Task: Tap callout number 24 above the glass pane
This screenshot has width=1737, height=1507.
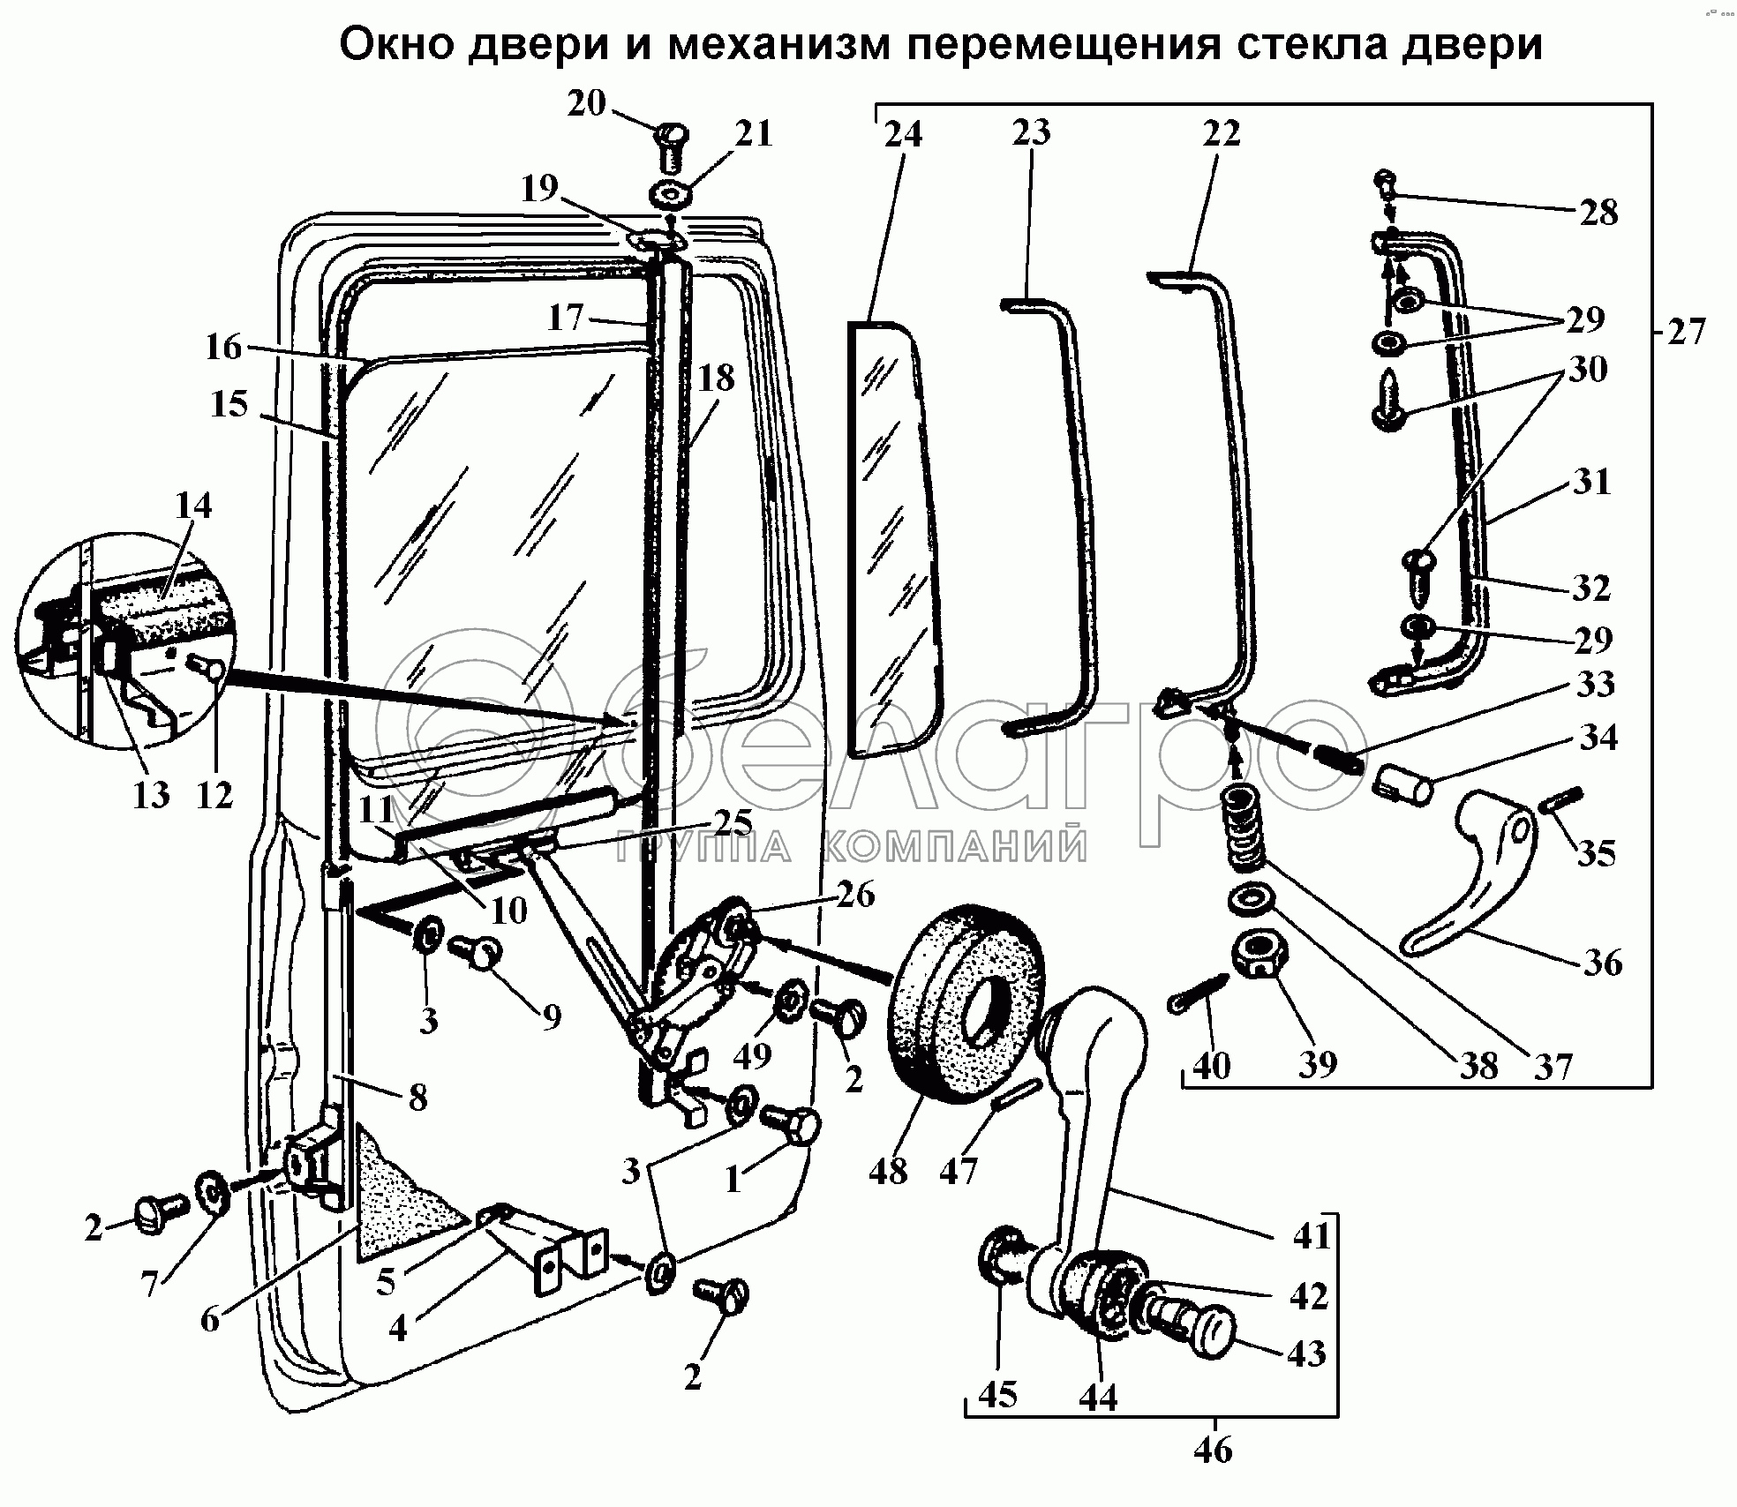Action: point(903,134)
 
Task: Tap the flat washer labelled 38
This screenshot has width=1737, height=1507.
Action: point(1252,901)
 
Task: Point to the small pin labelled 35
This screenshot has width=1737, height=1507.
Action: point(1563,802)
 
